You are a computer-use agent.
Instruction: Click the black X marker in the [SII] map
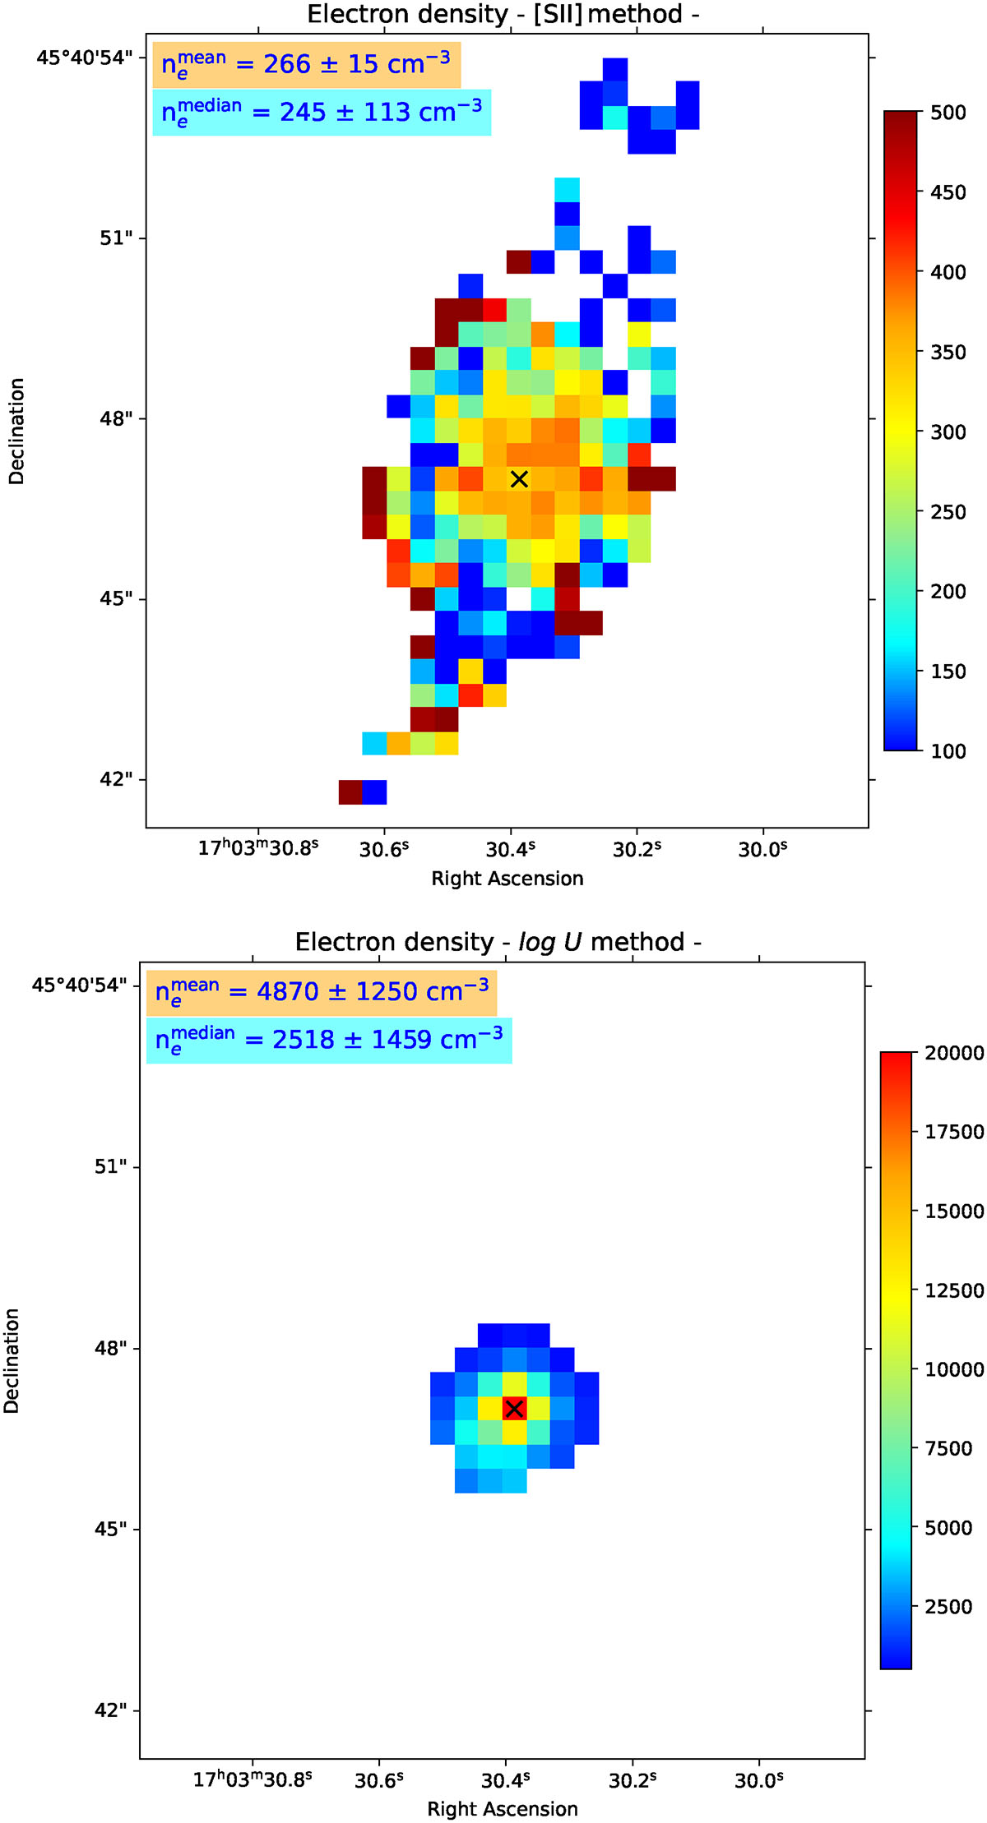[519, 478]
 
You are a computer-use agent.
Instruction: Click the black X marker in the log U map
[514, 1409]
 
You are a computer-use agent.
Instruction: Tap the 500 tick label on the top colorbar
[948, 113]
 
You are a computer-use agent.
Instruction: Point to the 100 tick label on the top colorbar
[948, 751]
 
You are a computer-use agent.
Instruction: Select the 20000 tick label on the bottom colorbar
[955, 1053]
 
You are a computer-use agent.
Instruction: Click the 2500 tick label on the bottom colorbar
[949, 1607]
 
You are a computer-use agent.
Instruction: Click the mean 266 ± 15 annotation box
[307, 65]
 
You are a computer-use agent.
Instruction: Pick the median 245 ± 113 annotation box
[322, 113]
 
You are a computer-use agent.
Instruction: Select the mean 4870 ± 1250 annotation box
[322, 993]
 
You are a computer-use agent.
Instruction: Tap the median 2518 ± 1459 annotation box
[329, 1041]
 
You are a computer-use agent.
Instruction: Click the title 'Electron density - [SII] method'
[503, 14]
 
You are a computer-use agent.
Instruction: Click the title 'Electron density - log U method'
[498, 942]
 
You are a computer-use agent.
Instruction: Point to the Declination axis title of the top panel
[16, 432]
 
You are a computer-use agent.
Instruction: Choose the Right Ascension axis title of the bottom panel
[503, 1809]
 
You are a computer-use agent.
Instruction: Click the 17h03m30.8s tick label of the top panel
[258, 847]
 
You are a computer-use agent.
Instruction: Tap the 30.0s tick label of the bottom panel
[759, 1779]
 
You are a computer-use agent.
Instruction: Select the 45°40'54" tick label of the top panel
[84, 58]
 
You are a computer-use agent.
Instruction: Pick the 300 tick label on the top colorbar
[948, 432]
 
